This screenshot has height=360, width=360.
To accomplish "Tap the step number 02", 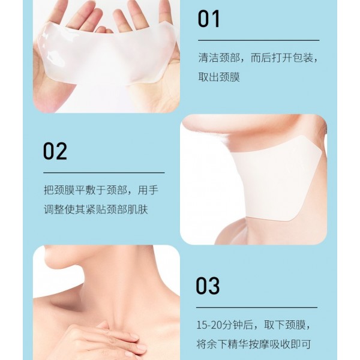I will [55, 151].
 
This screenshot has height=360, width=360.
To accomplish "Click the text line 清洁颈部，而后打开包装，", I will [258, 58].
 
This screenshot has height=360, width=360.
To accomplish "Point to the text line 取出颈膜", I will [219, 77].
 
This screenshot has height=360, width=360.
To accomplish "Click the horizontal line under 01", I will [258, 40].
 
